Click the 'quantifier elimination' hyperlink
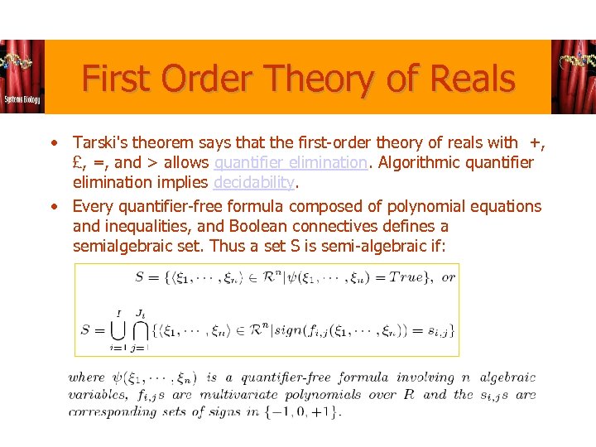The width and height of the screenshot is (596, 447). (x=290, y=163)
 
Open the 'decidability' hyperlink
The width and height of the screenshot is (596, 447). (x=254, y=182)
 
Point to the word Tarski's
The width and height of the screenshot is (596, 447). (x=100, y=144)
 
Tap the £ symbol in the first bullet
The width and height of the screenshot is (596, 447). (x=79, y=163)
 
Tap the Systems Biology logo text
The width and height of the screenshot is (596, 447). (x=22, y=99)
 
